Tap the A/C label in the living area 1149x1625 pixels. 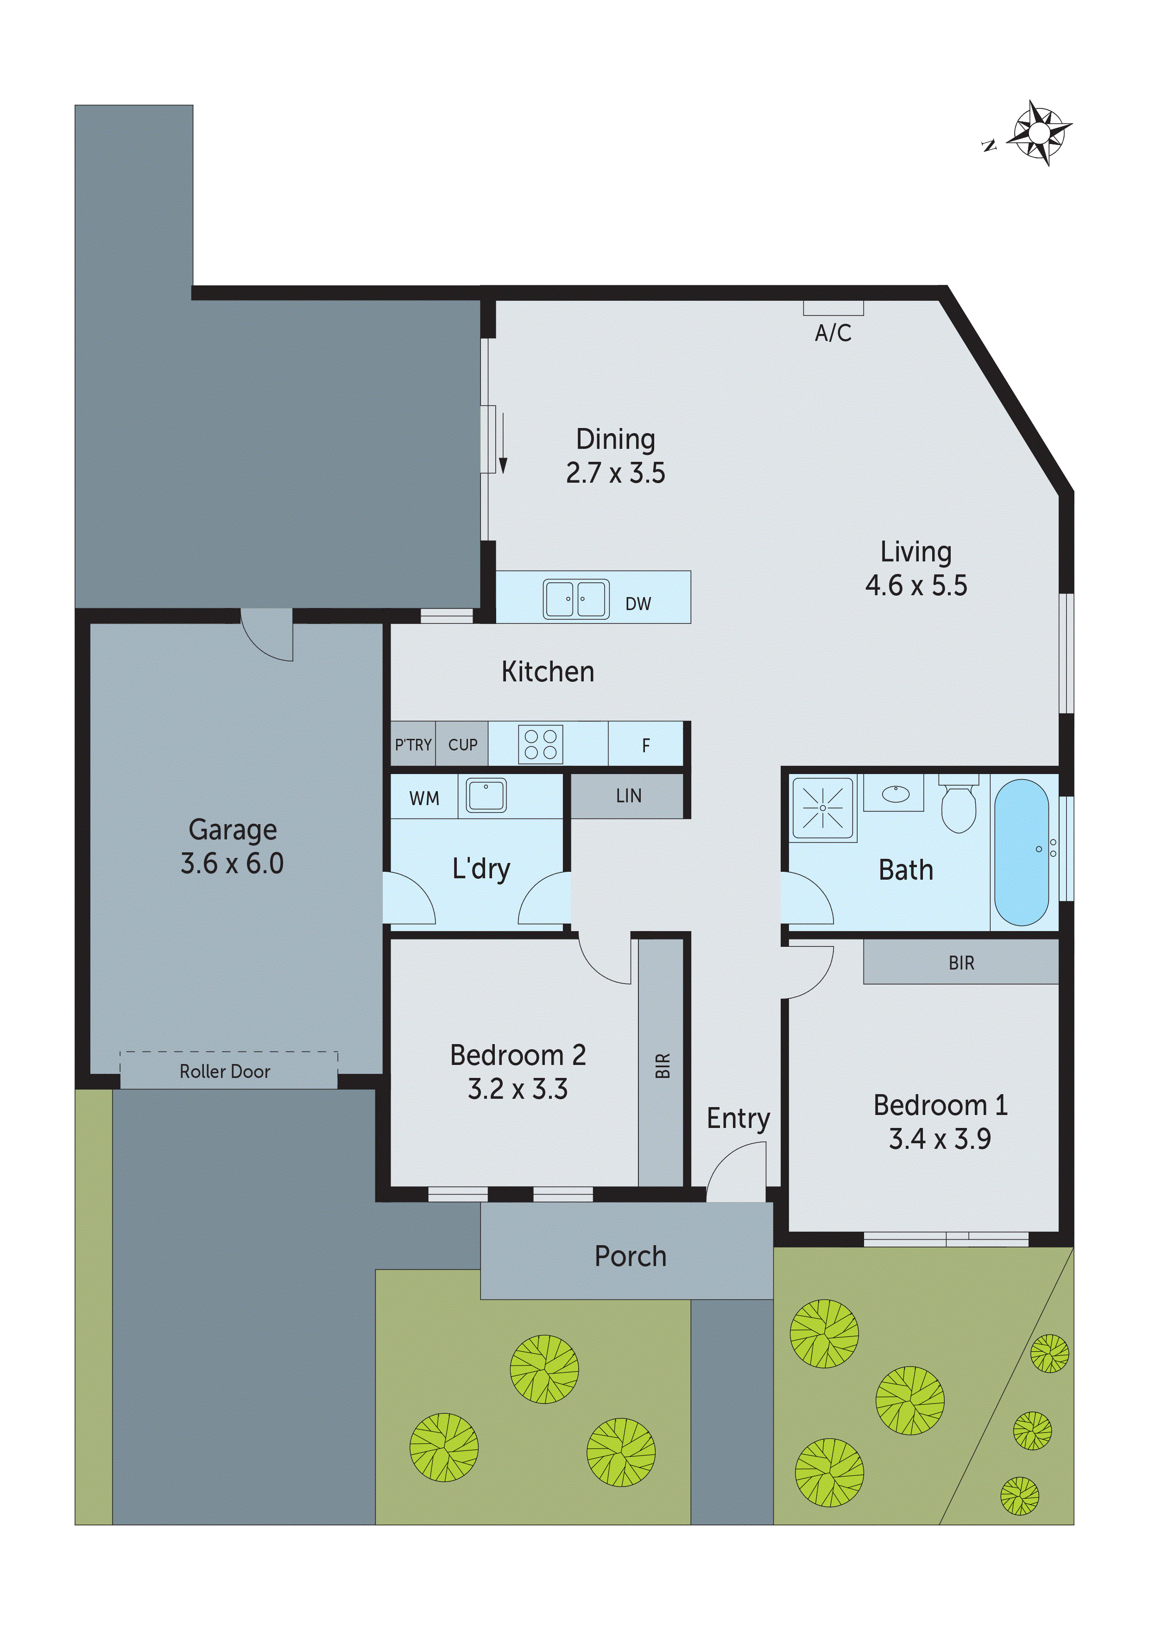[833, 333]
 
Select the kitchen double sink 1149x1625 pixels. [575, 599]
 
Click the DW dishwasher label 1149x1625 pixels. [638, 604]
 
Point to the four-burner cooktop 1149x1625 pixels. [541, 744]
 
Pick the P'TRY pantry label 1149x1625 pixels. [413, 744]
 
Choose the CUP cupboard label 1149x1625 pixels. [462, 744]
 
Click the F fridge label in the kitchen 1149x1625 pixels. [646, 745]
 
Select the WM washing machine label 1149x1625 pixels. [424, 798]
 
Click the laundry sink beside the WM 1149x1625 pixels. [486, 795]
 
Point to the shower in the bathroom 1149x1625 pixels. [823, 807]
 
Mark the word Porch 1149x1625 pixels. [630, 1256]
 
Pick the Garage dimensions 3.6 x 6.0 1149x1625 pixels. [232, 863]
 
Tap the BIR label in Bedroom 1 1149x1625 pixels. [961, 963]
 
